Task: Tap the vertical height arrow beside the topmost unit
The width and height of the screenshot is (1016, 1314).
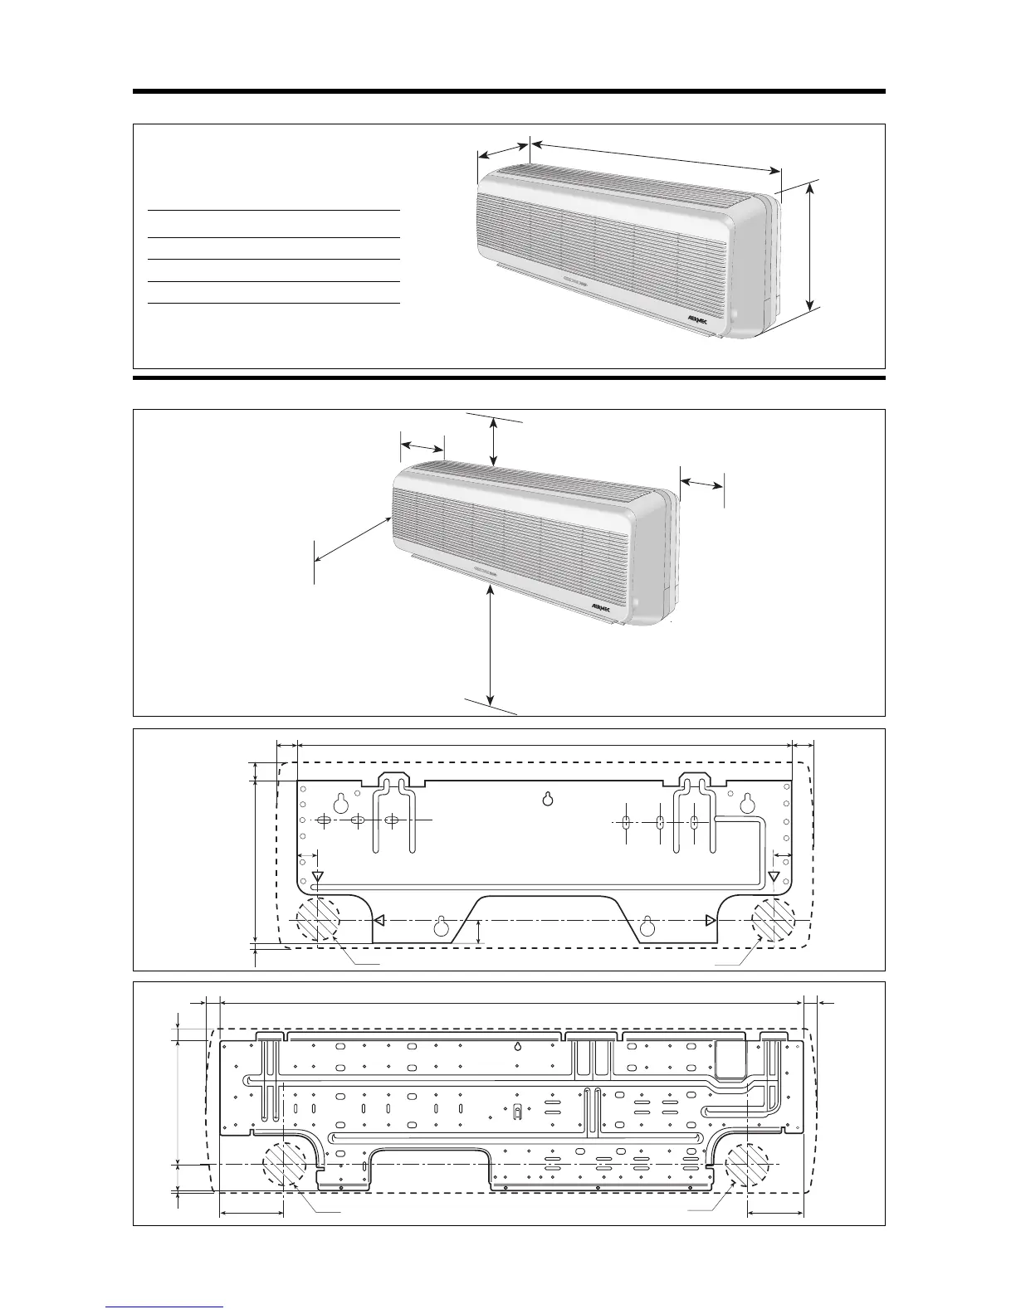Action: click(x=810, y=246)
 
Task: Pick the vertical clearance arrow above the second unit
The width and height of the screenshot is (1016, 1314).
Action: click(x=495, y=441)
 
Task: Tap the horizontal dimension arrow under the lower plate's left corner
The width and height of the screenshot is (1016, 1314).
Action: click(x=252, y=1212)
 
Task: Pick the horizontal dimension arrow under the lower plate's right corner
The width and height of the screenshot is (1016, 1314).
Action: click(x=775, y=1212)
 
